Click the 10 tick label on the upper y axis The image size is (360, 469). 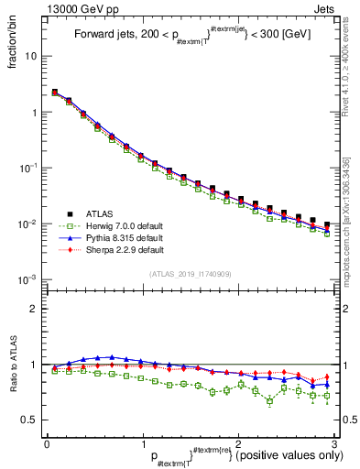coord(30,56)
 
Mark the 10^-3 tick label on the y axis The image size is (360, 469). coord(27,279)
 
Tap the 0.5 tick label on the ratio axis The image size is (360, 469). coord(29,420)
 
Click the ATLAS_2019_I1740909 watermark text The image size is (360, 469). coord(191,274)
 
